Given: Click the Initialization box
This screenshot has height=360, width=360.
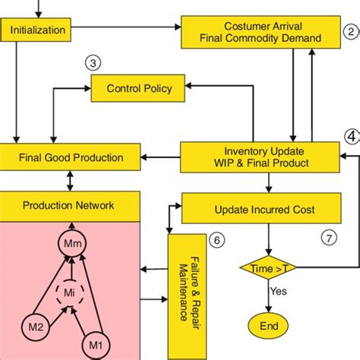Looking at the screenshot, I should [37, 31].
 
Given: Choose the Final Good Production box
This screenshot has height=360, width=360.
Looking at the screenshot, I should [71, 158].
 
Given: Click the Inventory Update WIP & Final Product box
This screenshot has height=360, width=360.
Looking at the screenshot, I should [259, 157].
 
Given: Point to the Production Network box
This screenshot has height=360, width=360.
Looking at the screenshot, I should [69, 205].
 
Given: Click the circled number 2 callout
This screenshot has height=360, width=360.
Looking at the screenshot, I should [349, 33].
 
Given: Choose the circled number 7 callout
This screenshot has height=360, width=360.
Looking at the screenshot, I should [328, 238].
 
